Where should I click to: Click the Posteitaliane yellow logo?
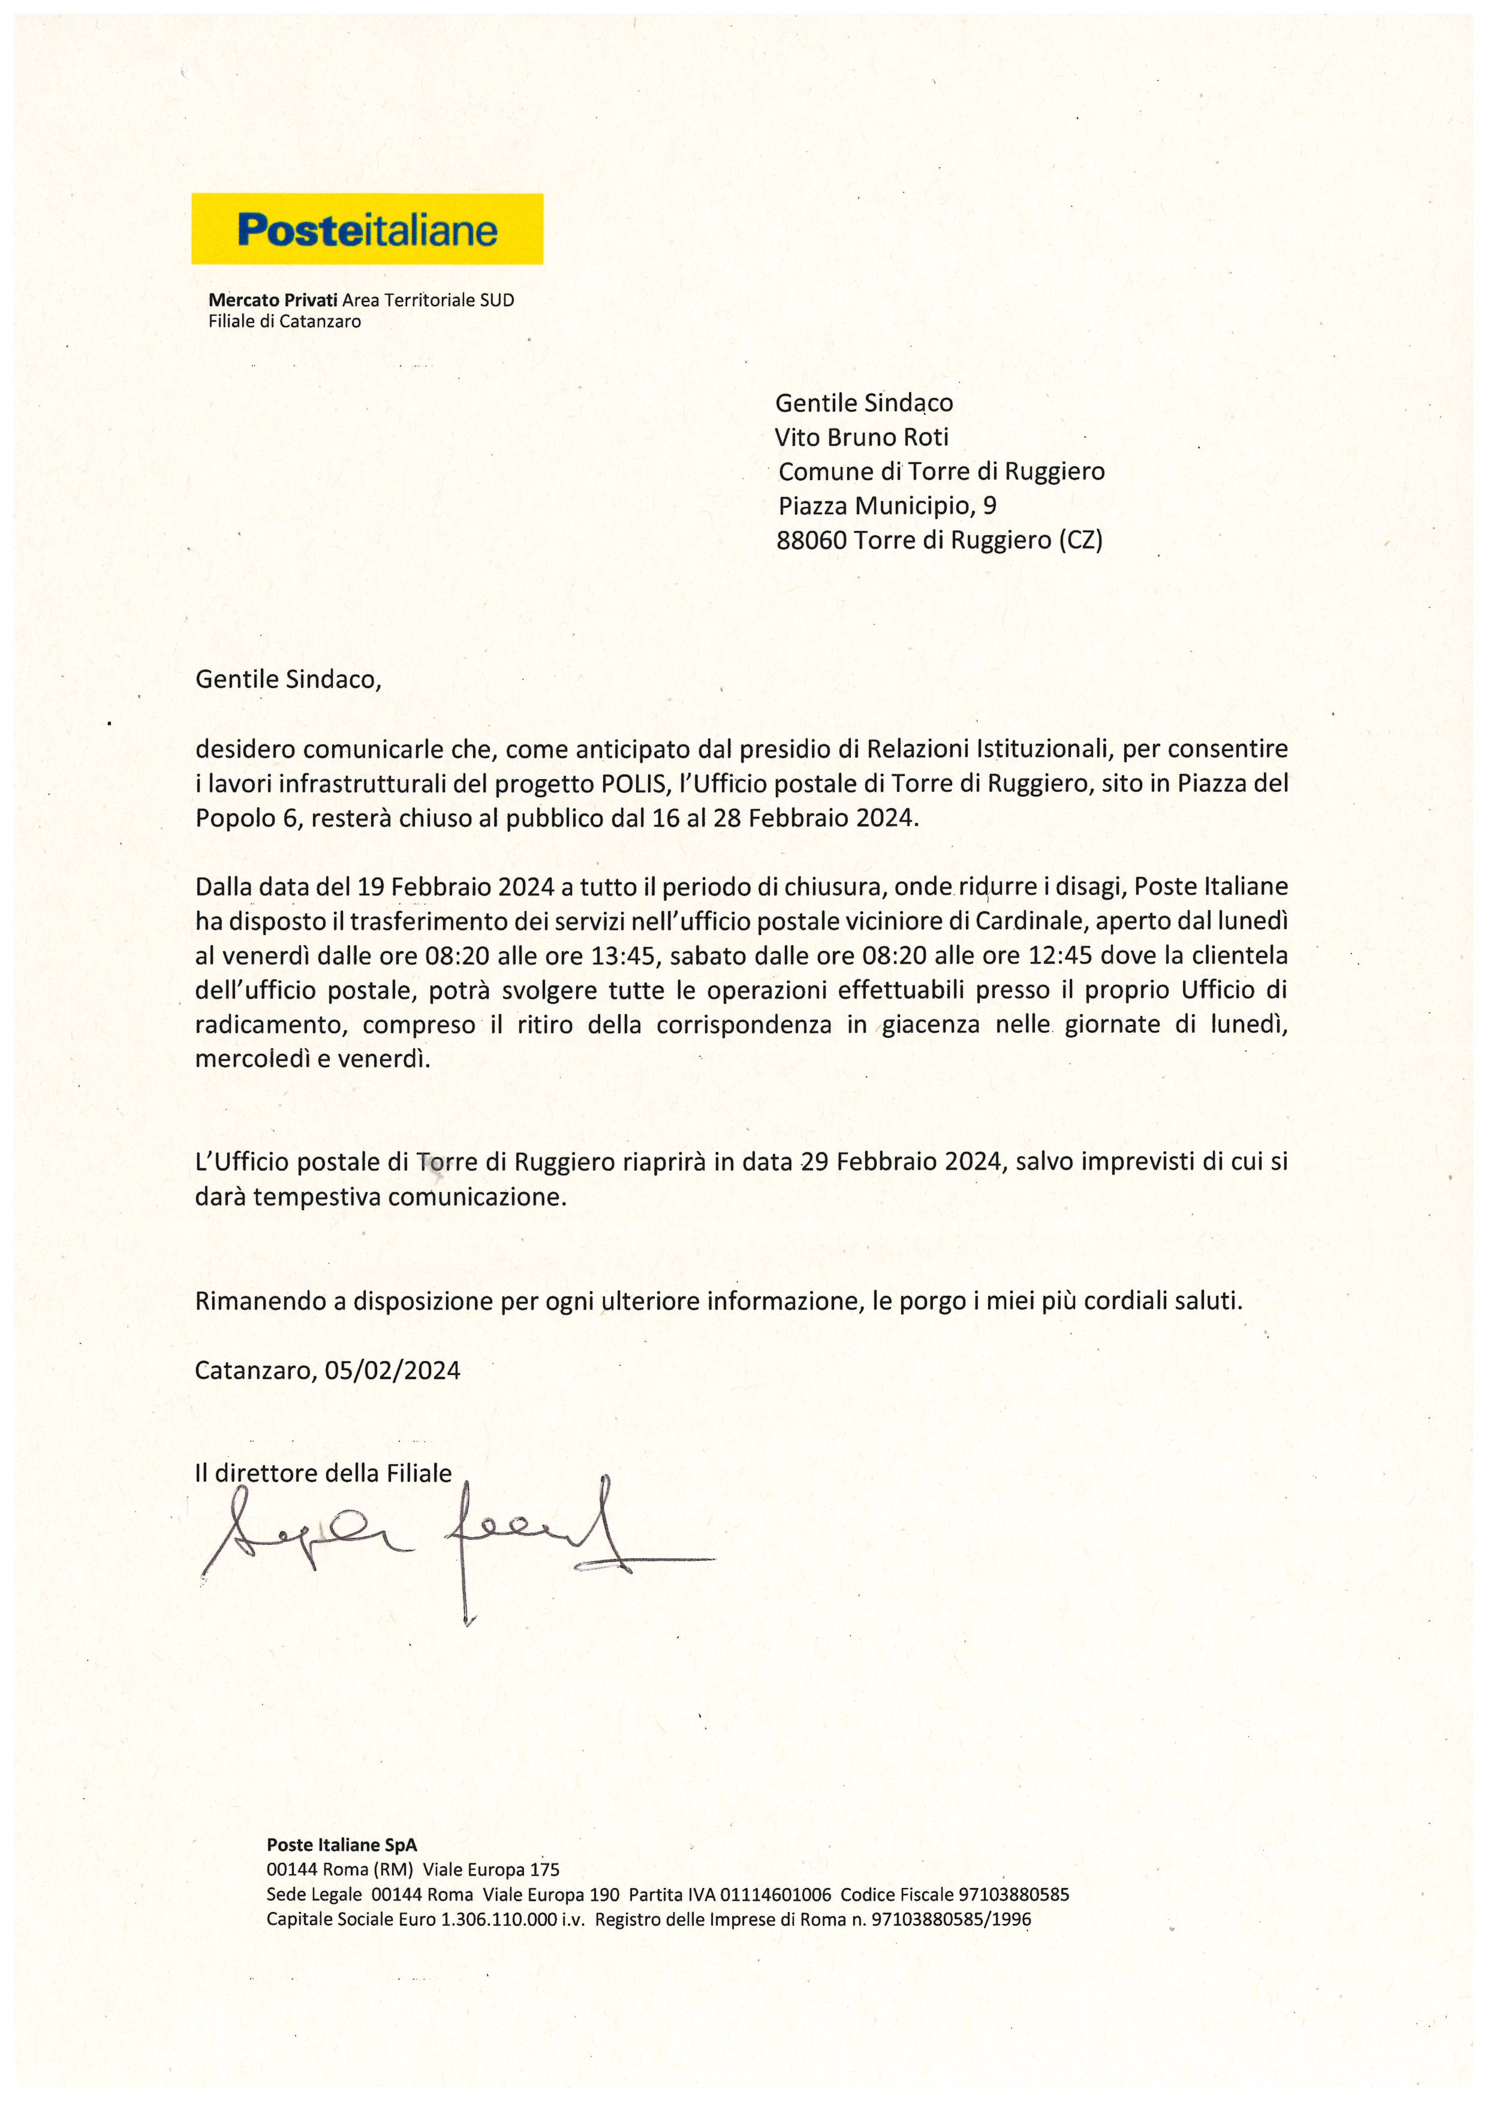tap(366, 229)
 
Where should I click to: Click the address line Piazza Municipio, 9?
tap(886, 505)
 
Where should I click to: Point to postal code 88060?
tap(811, 540)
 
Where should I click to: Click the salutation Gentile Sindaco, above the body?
tap(288, 679)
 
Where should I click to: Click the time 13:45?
tap(624, 956)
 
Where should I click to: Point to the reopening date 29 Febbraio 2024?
tap(901, 1162)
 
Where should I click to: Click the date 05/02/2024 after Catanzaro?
tap(392, 1371)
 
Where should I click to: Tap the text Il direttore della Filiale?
tap(323, 1473)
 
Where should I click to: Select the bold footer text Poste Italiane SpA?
tap(342, 1845)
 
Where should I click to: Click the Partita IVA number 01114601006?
tap(775, 1894)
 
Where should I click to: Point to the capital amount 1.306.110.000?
tap(498, 1919)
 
